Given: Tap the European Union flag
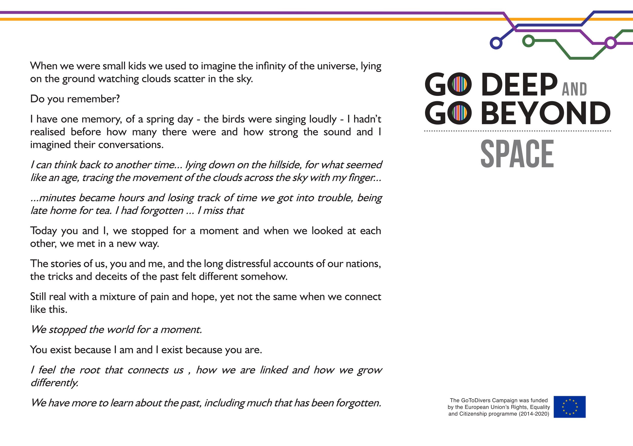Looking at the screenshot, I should coord(569,407).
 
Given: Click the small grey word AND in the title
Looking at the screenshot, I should coord(575,90).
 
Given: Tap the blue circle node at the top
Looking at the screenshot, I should coord(496,43).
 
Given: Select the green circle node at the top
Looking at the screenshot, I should coord(528,41).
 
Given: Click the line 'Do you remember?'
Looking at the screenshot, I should coord(75,99).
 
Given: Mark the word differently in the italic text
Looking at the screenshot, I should coord(54,383).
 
